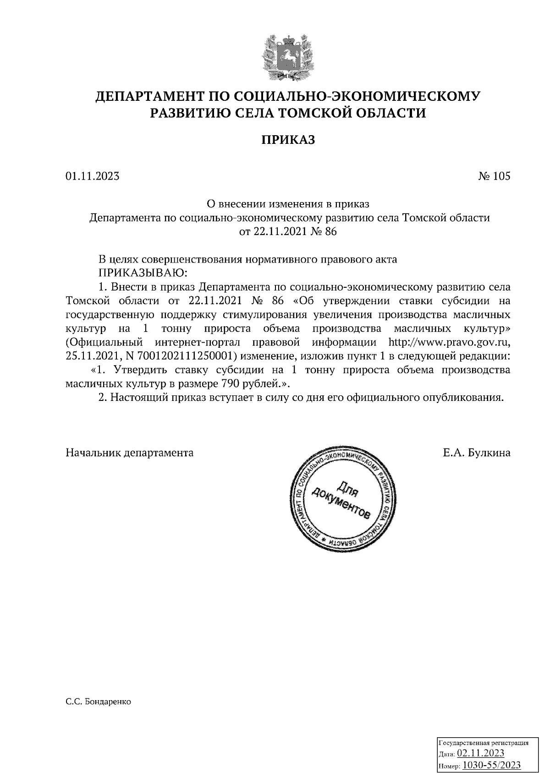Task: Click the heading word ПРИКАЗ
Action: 288,140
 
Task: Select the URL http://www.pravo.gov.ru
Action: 449,342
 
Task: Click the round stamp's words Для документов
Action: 341,502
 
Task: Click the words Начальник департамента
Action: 130,453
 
